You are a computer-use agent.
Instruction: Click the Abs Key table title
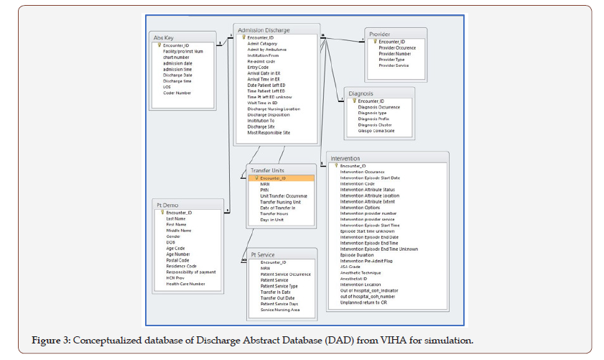[x=164, y=37]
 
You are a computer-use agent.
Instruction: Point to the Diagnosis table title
[x=361, y=93]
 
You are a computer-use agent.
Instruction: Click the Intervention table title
[x=345, y=158]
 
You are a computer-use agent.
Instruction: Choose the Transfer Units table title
[x=266, y=170]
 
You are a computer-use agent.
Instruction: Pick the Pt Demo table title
[x=167, y=205]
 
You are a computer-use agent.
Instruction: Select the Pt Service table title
[x=263, y=254]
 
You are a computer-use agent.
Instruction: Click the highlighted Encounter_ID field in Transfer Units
[x=273, y=178]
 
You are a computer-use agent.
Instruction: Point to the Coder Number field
[x=177, y=92]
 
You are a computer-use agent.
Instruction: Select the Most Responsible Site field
[x=269, y=133]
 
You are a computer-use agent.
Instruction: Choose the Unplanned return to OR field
[x=363, y=303]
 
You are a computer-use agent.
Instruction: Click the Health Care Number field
[x=186, y=284]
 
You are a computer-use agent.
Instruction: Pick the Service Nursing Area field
[x=280, y=310]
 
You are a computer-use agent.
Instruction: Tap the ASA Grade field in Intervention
[x=350, y=266]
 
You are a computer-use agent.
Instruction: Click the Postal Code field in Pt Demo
[x=179, y=260]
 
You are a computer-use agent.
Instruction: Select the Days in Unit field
[x=271, y=219]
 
